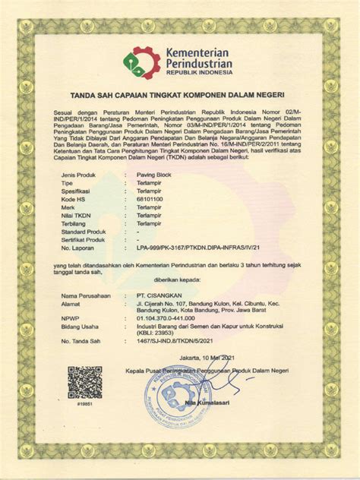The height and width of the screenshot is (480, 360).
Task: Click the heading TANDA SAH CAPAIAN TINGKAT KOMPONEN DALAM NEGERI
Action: (179, 96)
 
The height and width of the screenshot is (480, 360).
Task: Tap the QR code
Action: (84, 382)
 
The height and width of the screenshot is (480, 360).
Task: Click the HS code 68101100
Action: (150, 199)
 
